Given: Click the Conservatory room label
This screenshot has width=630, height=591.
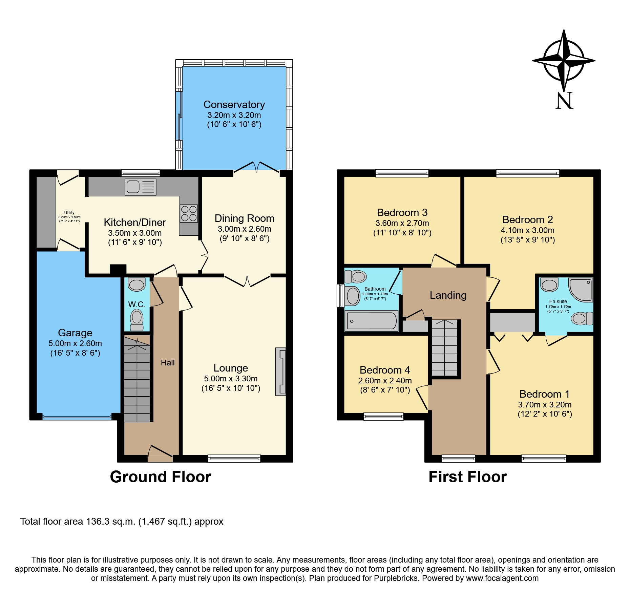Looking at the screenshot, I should pos(234,105).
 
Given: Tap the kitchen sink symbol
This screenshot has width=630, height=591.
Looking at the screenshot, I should pos(140,187).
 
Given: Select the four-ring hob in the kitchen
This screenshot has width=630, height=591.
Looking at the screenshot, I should pos(189,213).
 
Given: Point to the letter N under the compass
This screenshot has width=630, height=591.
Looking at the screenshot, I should pos(564,101).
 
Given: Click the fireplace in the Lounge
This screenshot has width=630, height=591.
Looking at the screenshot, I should pos(281,372).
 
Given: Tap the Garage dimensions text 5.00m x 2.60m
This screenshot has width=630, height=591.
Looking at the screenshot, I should pos(75,343).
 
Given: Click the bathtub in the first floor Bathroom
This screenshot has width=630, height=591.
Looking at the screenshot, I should pos(372,321).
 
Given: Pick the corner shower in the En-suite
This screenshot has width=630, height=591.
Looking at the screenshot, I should pos(581,290).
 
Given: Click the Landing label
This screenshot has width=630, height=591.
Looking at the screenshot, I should pos(448,295).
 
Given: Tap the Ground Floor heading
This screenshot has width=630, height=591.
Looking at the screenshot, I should pos(161,477).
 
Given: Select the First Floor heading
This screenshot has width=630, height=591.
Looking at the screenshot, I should pos(467,477).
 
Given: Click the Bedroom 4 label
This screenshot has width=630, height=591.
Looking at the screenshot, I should pos(385,370).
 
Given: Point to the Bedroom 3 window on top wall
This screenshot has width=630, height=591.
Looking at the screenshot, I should pos(402,173).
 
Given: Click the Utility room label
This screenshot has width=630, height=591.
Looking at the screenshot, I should pos(69,213).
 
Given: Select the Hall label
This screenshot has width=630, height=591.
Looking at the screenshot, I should pos(168,363).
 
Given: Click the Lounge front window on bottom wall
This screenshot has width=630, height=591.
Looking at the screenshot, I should pos(234,458).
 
